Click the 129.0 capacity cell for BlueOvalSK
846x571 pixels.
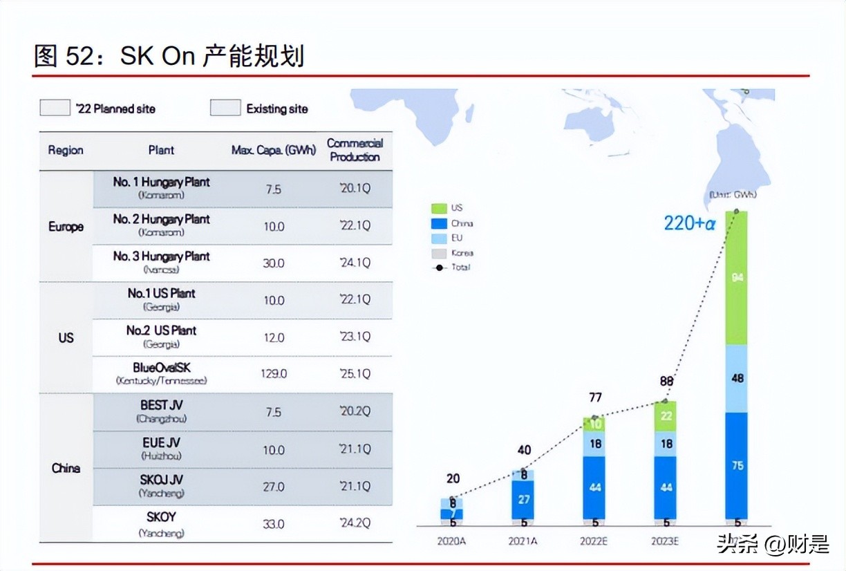[x=274, y=374]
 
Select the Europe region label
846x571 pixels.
[x=66, y=227]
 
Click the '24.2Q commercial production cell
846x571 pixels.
[x=355, y=524]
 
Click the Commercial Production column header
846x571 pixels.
[x=355, y=150]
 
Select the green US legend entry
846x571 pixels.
[x=439, y=208]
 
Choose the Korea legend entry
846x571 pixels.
[x=439, y=253]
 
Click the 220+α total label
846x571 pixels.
[x=689, y=223]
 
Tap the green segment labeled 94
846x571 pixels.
[x=737, y=278]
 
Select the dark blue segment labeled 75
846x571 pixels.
[x=737, y=465]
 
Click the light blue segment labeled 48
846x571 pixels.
[x=737, y=378]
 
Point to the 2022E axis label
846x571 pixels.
[x=595, y=541]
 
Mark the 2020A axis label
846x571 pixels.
[x=451, y=541]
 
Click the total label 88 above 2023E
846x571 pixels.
[x=666, y=381]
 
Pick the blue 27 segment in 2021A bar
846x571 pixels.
[x=524, y=499]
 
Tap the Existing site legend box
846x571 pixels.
[x=225, y=109]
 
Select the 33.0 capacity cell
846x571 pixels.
[x=274, y=524]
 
